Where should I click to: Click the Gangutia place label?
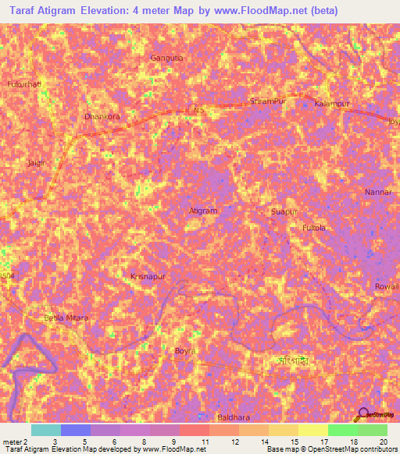click(166, 58)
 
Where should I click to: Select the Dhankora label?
click(101, 117)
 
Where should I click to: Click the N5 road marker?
click(198, 111)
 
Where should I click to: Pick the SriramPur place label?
click(265, 101)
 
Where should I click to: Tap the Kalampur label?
click(331, 104)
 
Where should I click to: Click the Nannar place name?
click(377, 191)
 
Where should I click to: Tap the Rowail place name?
click(386, 286)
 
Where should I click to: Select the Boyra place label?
click(184, 351)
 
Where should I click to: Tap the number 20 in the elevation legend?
click(383, 442)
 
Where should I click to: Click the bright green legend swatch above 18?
click(342, 430)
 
